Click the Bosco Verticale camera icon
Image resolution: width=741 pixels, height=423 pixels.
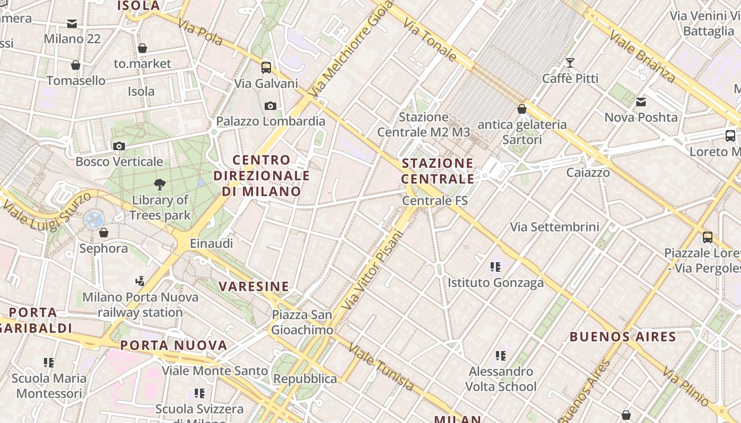pos(119,146)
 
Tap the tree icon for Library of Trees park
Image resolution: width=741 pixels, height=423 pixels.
pos(159,185)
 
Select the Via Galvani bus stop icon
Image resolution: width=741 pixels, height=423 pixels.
pos(266,68)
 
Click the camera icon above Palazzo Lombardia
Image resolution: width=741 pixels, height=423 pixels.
pos(270,106)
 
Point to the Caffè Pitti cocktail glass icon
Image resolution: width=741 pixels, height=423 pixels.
pos(570,63)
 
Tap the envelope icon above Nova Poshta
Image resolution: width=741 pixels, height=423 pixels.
pos(641,102)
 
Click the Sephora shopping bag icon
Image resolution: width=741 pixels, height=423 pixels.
pos(104,233)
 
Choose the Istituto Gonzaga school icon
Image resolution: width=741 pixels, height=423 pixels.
pos(495,267)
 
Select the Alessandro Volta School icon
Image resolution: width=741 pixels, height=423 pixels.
pos(501,356)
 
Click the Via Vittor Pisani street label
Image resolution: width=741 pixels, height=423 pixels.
pos(373,270)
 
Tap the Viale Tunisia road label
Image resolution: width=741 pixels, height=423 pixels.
pos(381,367)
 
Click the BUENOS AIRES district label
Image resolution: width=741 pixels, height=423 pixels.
pos(623,337)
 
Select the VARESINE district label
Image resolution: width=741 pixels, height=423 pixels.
pos(254,287)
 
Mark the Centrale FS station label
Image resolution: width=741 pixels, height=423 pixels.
pos(435,201)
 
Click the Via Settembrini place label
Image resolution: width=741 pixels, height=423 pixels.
pos(555,227)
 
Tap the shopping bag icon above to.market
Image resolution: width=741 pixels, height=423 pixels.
pos(142,48)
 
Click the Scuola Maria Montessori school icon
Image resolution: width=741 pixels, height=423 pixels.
pos(49,362)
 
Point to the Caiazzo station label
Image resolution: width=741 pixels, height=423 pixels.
pos(588,172)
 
